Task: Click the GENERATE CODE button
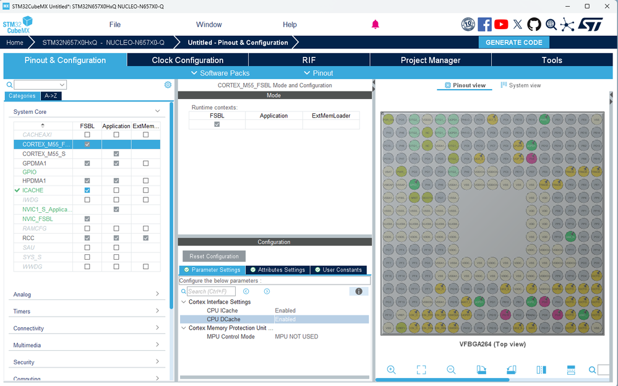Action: point(513,43)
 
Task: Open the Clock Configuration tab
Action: point(187,60)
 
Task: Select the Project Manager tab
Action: point(431,60)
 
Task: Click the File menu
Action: point(115,25)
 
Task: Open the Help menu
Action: point(290,25)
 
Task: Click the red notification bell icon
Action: point(375,25)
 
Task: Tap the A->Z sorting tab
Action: point(51,96)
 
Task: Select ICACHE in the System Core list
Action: point(33,191)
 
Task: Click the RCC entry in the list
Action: point(28,238)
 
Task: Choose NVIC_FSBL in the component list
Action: point(38,219)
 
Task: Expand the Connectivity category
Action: point(87,328)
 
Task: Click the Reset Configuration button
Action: point(214,256)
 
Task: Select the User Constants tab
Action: point(338,270)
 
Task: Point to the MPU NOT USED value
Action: point(296,337)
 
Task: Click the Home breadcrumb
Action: point(15,43)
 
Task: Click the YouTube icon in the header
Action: point(501,25)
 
